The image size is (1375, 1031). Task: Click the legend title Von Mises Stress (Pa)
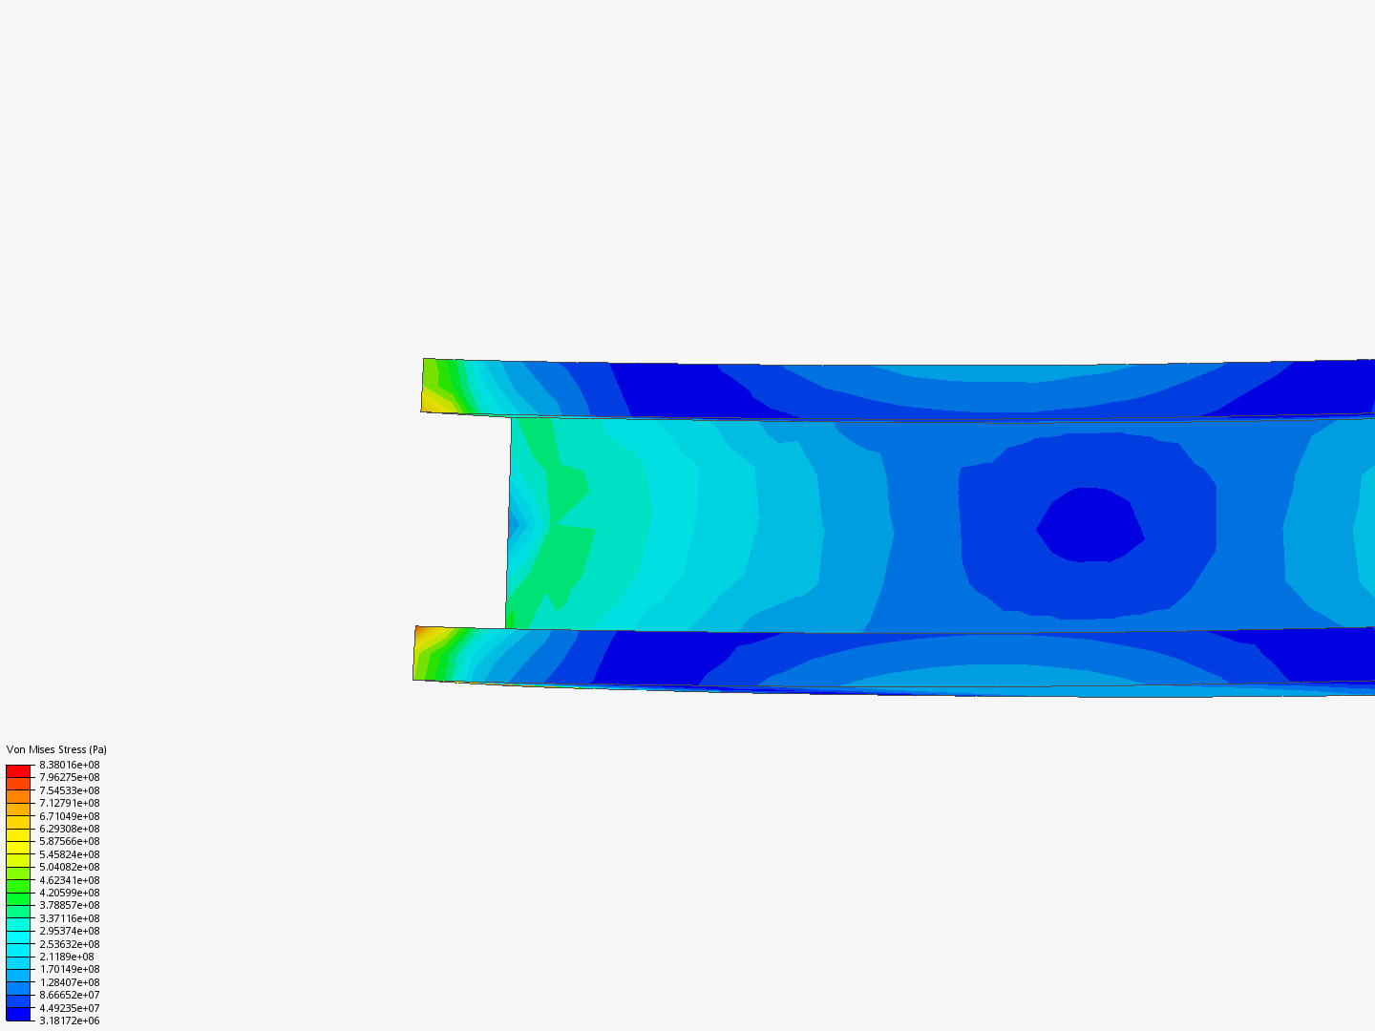[x=56, y=749]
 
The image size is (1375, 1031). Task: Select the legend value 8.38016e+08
[x=70, y=765]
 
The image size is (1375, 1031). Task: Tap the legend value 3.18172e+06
[x=70, y=1021]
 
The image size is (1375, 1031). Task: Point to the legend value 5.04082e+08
[x=70, y=867]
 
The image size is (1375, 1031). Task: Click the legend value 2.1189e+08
[x=67, y=957]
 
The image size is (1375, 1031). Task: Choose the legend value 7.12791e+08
[x=70, y=803]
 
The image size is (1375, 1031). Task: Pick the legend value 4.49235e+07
[x=70, y=1008]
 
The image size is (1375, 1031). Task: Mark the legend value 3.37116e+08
[x=70, y=918]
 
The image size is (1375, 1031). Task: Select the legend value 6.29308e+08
[x=70, y=829]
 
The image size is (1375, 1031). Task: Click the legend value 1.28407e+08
[x=70, y=982]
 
